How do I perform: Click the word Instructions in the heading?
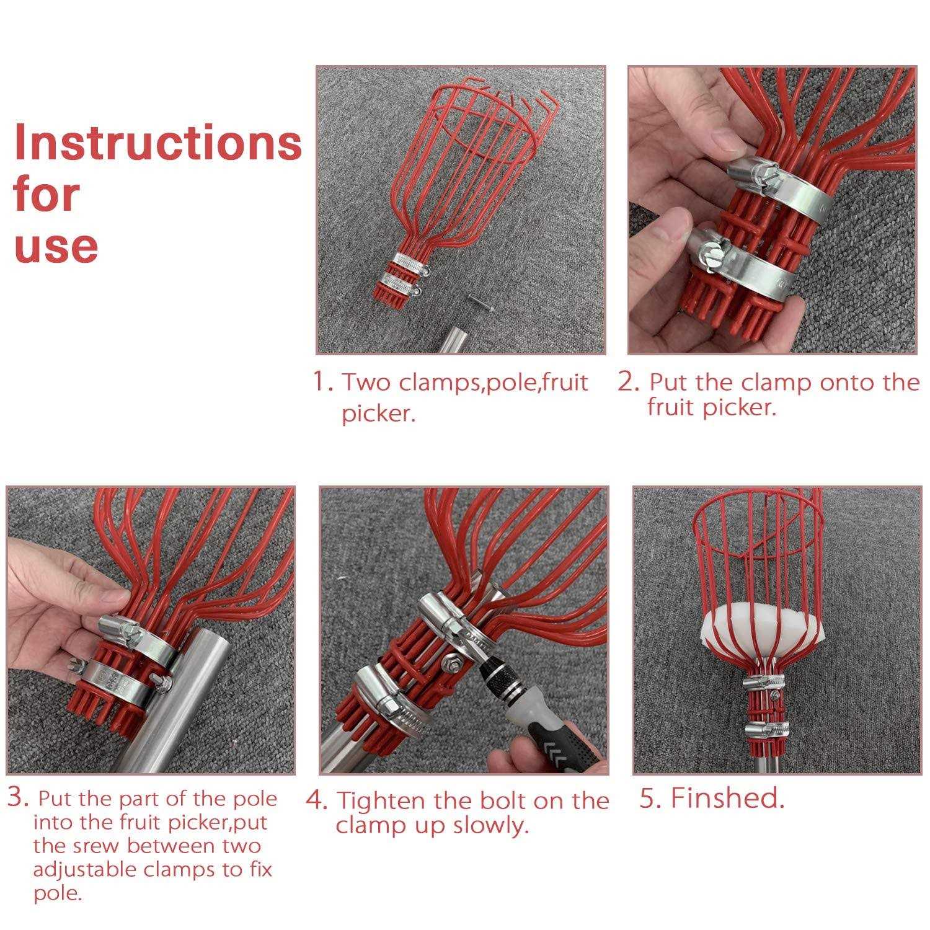pyautogui.click(x=157, y=142)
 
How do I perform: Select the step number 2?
pyautogui.click(x=628, y=382)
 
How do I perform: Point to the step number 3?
pyautogui.click(x=18, y=797)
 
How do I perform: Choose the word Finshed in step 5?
pyautogui.click(x=727, y=798)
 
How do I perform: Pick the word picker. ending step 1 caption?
pyautogui.click(x=378, y=414)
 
